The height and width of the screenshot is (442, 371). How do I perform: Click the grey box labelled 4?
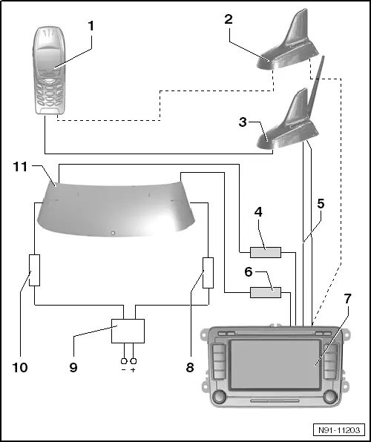[266, 253]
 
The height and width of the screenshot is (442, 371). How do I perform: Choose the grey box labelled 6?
[266, 293]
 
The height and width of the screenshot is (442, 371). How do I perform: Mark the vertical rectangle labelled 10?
[34, 271]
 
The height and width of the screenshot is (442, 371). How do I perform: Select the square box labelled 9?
[127, 331]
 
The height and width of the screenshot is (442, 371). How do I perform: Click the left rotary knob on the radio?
[219, 398]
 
